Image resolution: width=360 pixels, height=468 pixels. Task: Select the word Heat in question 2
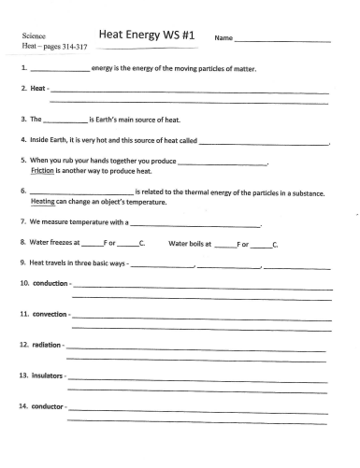(37, 88)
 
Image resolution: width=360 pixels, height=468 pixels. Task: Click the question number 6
(22, 191)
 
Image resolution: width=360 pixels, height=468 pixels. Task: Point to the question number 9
(22, 262)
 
